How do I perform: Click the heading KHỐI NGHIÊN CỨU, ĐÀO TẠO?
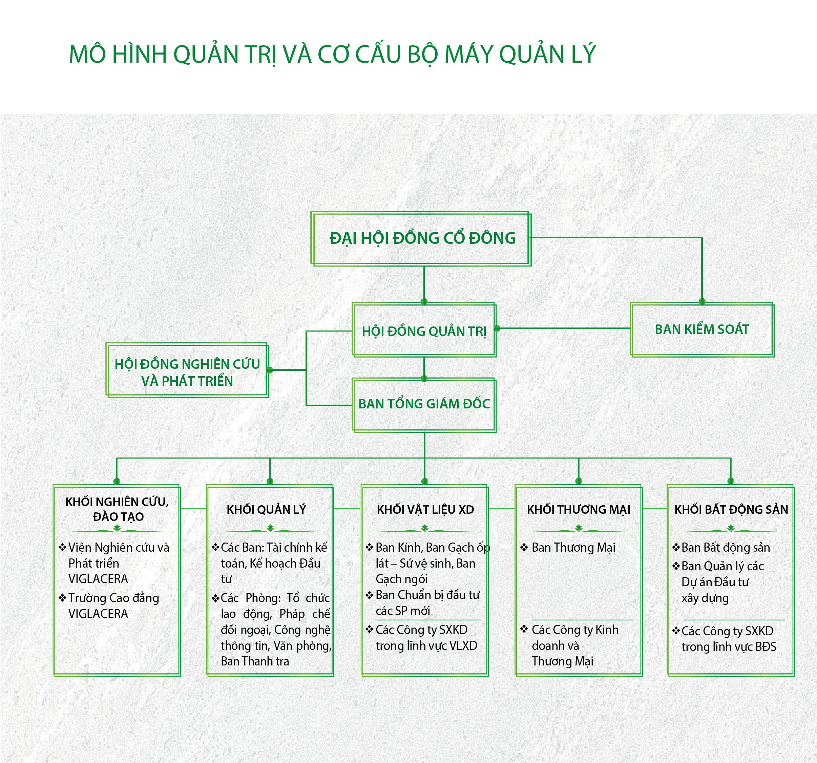tap(118, 509)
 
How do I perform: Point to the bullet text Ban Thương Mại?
tap(573, 548)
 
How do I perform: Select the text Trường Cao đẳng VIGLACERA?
tap(113, 605)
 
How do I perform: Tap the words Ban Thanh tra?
tap(255, 661)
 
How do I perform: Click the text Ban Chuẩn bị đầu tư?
tap(427, 595)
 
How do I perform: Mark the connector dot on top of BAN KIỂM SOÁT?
tap(702, 302)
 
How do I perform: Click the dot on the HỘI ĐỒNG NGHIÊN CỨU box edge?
tap(270, 370)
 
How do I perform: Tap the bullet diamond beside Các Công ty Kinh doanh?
tap(524, 629)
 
